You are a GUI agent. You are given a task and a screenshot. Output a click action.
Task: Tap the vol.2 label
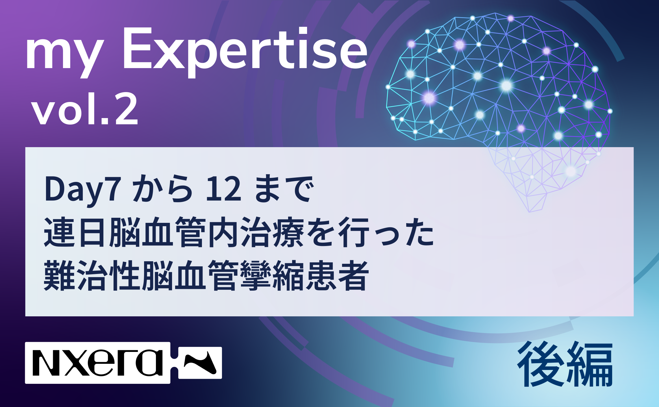(85, 108)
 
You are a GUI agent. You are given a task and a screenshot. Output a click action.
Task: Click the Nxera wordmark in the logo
(98, 363)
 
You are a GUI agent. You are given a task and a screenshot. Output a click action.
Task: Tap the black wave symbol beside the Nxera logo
(200, 363)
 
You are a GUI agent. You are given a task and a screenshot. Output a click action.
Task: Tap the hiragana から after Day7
(162, 189)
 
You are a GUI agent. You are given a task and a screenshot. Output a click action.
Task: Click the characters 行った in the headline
(386, 232)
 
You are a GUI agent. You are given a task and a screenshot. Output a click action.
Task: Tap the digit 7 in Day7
(113, 189)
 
